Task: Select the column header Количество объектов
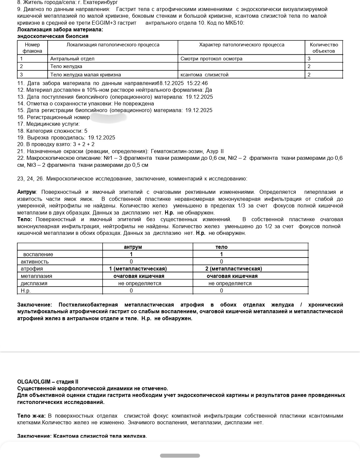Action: [324, 48]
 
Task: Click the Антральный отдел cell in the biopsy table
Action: [72, 59]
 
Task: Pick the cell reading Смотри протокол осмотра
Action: [211, 59]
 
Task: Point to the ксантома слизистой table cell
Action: [204, 75]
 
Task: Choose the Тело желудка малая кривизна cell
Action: [86, 75]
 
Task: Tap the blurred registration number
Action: [109, 117]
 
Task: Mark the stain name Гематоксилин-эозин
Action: [177, 151]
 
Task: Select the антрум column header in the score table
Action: [133, 247]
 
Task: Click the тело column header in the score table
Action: [221, 247]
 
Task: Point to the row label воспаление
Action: [38, 255]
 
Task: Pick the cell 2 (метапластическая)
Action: [233, 269]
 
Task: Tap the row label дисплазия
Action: [34, 284]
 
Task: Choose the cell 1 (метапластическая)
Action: [138, 269]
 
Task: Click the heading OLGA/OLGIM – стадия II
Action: [48, 382]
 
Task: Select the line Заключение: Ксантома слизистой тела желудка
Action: [82, 436]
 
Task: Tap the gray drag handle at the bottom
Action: [180, 456]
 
